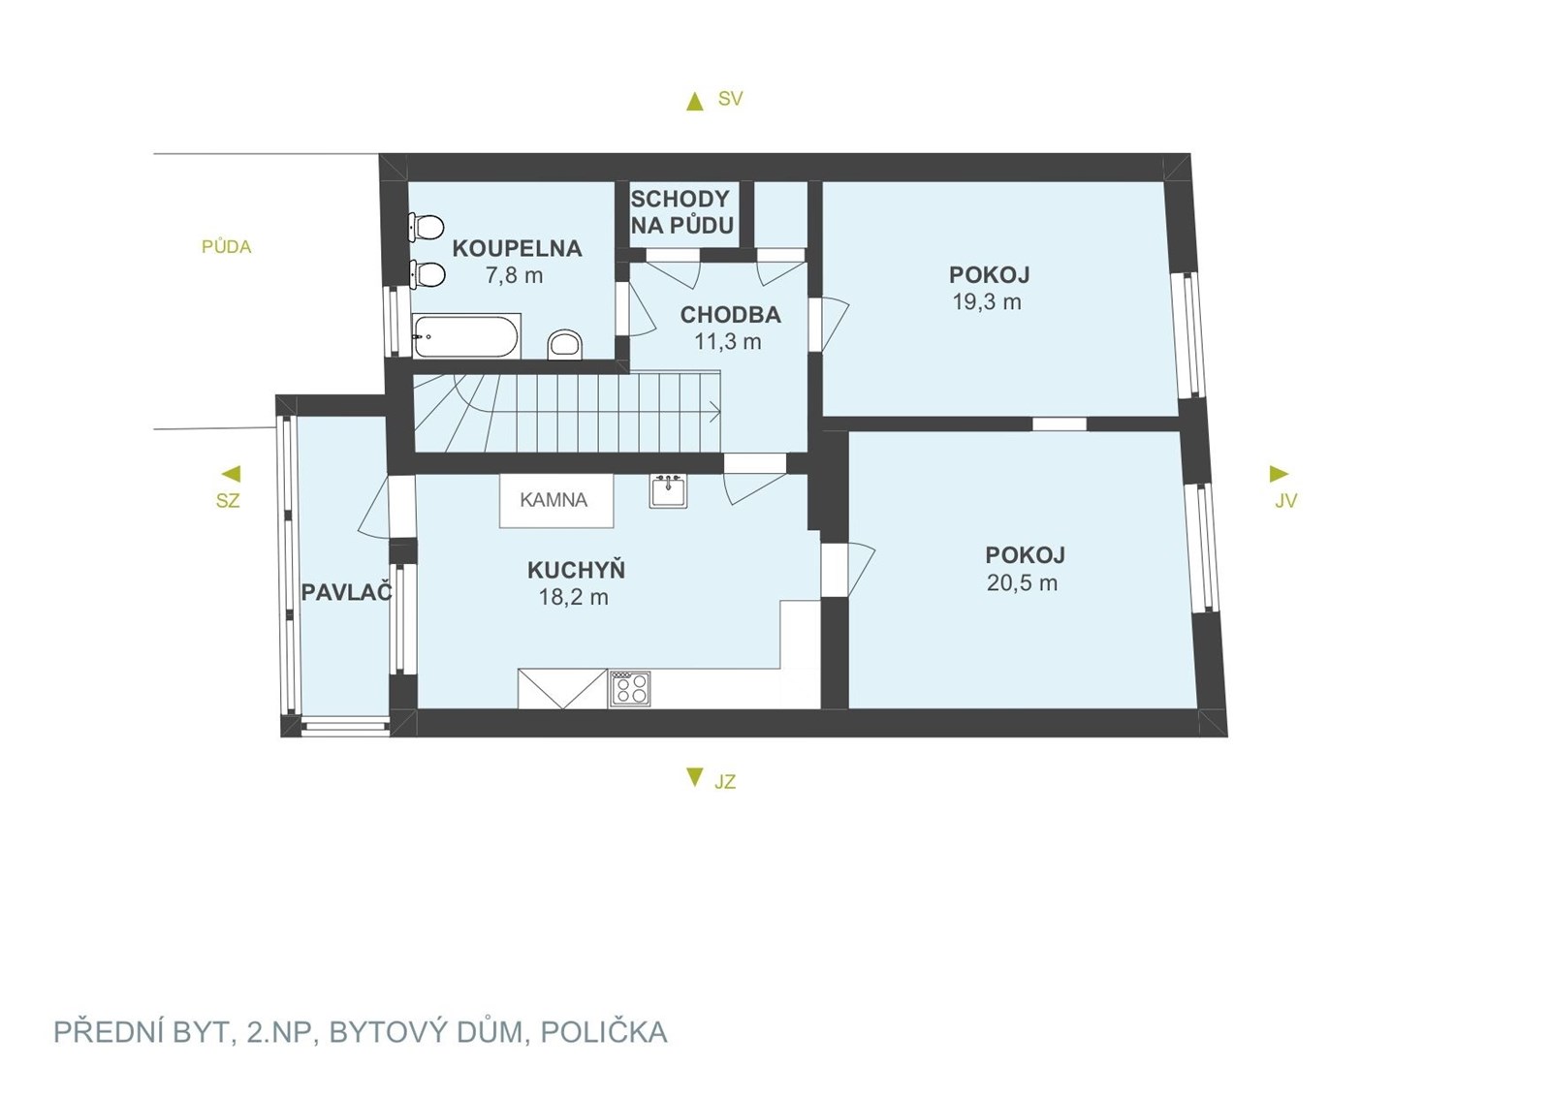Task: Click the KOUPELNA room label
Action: tap(517, 248)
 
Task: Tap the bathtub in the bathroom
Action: tap(464, 336)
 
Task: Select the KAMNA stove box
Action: tap(556, 500)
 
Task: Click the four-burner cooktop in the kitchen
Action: tap(629, 689)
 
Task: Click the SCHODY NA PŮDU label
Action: tap(681, 212)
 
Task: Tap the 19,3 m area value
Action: tap(987, 302)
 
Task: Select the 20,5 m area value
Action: tap(1022, 582)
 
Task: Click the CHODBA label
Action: tap(731, 315)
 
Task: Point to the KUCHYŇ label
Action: tap(576, 570)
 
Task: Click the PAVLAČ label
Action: tap(347, 592)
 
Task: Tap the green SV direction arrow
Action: tap(694, 103)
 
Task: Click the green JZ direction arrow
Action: tap(694, 776)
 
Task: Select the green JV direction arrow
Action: tap(1279, 474)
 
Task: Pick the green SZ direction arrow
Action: tap(232, 474)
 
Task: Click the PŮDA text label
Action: tap(227, 246)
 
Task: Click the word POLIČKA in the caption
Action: tap(604, 1032)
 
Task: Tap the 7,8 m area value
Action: tap(514, 275)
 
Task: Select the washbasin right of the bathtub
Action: tap(565, 345)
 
